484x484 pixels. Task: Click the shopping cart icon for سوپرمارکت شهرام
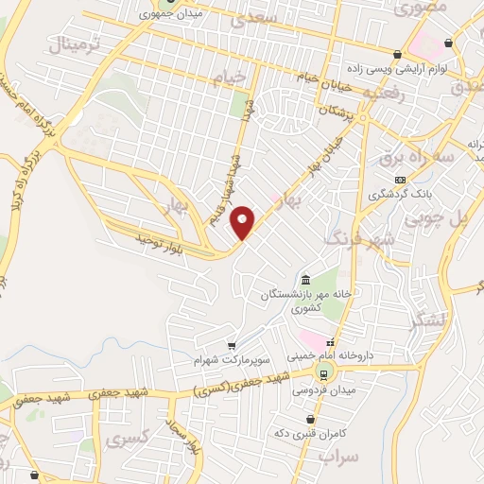232,346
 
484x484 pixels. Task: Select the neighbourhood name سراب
337,458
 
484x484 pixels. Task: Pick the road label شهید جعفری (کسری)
227,384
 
